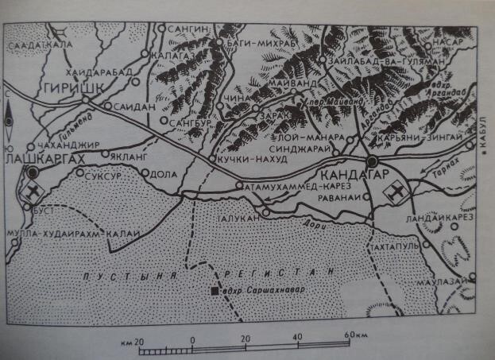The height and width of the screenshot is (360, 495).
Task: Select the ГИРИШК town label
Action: pyautogui.click(x=68, y=87)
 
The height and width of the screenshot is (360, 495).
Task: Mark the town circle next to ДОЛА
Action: pyautogui.click(x=145, y=172)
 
